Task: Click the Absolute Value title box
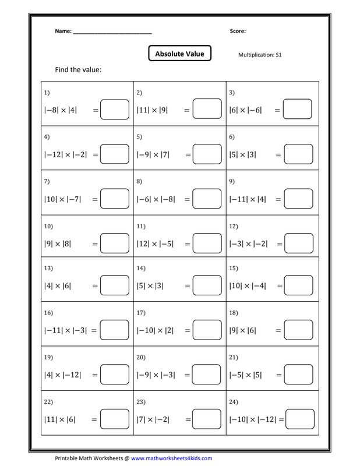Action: (x=179, y=54)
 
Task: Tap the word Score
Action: (x=238, y=31)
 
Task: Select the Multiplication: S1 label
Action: (x=260, y=55)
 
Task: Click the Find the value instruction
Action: (x=78, y=70)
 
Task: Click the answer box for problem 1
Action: (x=115, y=110)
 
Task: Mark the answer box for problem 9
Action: (x=298, y=199)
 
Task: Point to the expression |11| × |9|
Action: (x=152, y=110)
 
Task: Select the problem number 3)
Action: (x=231, y=93)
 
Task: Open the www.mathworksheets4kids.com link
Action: (x=171, y=458)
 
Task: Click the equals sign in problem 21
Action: (x=278, y=375)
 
